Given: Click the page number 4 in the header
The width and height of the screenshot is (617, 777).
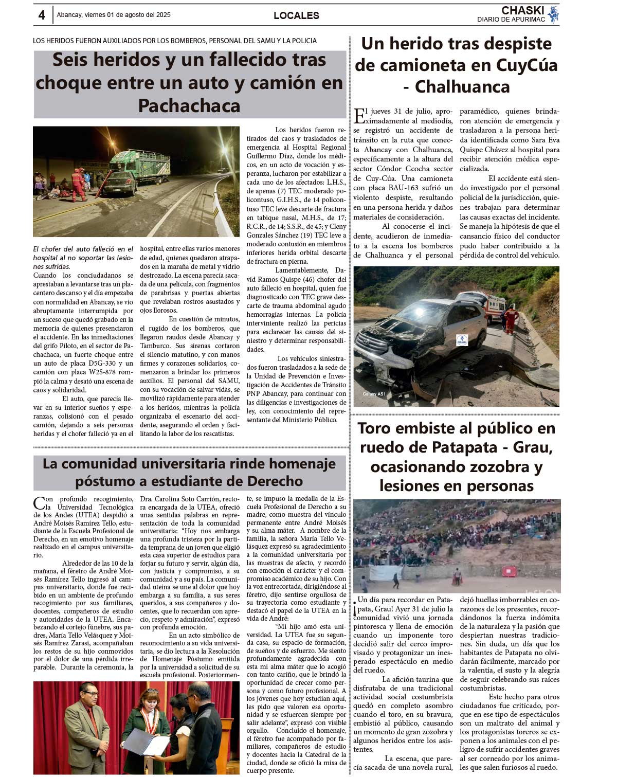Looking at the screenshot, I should [x=42, y=15].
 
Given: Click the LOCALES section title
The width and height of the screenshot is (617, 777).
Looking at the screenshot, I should [x=296, y=15].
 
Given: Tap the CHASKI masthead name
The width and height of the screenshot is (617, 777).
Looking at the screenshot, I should [x=522, y=10].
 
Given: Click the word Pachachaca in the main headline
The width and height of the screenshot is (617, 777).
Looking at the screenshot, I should [x=189, y=106].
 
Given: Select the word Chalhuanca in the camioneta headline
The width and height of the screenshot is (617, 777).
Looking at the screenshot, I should [x=462, y=87].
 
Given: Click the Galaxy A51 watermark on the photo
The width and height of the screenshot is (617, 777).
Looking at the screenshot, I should [x=374, y=394].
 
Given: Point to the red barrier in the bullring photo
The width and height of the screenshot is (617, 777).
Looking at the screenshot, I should [x=509, y=571].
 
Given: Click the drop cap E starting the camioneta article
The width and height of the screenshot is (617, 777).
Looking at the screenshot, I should [x=360, y=116].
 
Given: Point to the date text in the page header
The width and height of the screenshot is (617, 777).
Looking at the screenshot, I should [x=114, y=15].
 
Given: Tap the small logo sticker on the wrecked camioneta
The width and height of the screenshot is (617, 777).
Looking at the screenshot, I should [x=462, y=340].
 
